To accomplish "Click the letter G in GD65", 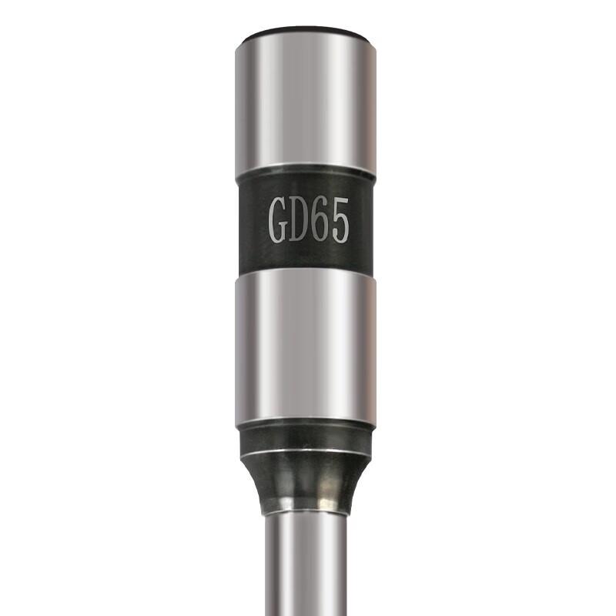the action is coord(277,221).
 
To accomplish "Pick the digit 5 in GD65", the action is coord(338,221).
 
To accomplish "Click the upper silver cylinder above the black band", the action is coord(305,103).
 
